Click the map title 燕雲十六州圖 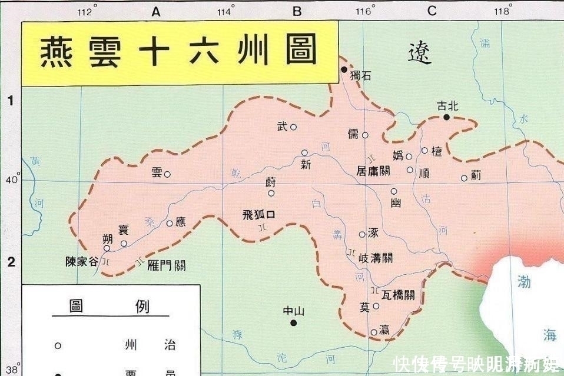point(180,51)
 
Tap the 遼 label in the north point(420,54)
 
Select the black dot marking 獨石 point(344,69)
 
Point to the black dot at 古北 point(447,117)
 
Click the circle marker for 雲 point(167,174)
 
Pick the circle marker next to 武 point(293,127)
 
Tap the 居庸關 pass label point(373,171)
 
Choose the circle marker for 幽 point(394,191)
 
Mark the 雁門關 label point(167,265)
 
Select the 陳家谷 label point(82,262)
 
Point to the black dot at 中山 point(293,322)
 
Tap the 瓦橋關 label point(397,295)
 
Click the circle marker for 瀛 point(374,332)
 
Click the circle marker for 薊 point(464,178)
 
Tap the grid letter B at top point(297,11)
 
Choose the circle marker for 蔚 point(271,193)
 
